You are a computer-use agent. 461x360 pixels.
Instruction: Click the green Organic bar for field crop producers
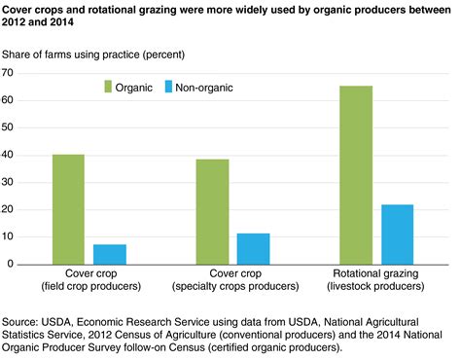click(68, 209)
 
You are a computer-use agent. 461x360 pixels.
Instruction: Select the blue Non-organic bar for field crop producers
click(110, 254)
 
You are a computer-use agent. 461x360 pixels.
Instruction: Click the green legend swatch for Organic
click(109, 88)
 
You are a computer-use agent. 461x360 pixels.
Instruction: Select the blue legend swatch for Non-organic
click(182, 88)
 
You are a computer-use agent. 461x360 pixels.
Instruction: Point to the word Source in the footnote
click(20, 319)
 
